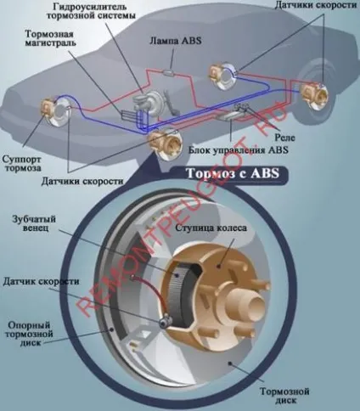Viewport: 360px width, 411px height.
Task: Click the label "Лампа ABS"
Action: click(176, 41)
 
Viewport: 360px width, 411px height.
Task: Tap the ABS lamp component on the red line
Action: click(170, 72)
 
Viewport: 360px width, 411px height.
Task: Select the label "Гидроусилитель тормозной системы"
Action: click(91, 10)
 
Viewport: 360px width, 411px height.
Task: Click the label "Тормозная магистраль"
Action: click(50, 38)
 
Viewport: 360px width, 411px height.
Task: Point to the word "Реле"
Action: click(284, 138)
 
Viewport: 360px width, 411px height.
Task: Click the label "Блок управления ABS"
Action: click(239, 149)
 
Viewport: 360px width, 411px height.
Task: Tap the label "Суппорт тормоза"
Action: click(22, 164)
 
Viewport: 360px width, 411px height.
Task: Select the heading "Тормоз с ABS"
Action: click(233, 173)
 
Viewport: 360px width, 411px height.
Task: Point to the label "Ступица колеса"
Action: click(211, 228)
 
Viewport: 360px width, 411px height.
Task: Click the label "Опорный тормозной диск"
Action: click(30, 334)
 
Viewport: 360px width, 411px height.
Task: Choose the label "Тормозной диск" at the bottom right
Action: click(284, 396)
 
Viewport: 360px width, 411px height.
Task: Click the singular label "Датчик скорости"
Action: click(41, 282)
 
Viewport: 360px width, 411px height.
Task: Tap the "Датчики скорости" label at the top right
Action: click(315, 5)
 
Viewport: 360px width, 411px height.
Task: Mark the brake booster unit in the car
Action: click(150, 104)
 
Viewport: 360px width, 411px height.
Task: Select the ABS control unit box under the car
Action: click(228, 115)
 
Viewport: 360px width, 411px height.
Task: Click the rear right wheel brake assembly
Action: click(313, 96)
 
